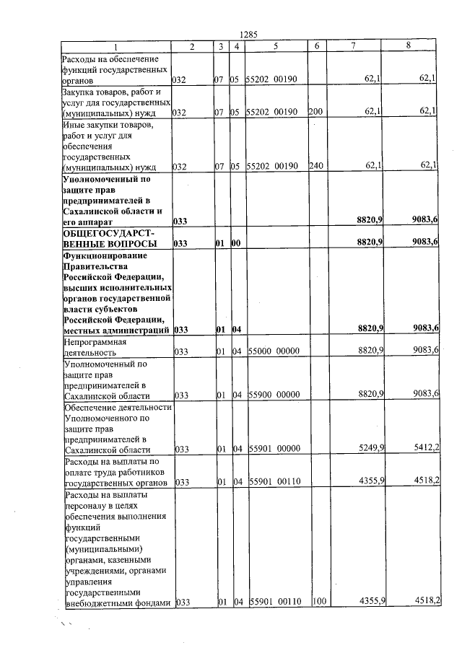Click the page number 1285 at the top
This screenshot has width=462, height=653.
coord(248,34)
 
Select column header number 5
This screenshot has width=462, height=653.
coord(275,46)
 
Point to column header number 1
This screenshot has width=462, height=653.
coord(115,46)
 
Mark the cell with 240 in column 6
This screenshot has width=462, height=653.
coord(315,167)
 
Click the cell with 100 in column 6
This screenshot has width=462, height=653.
coord(318,601)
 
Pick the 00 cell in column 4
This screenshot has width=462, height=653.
coord(235,244)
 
